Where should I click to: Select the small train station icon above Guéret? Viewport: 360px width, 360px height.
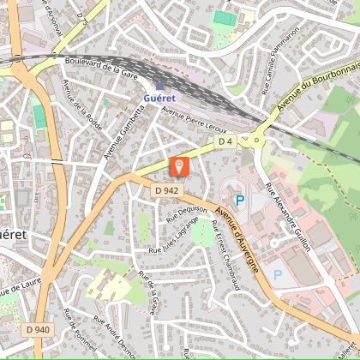[x=159, y=85]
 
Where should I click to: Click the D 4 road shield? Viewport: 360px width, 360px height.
[x=225, y=141]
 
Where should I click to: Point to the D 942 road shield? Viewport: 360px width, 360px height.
[x=167, y=190]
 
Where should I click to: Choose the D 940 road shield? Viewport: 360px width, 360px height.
[x=37, y=328]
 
